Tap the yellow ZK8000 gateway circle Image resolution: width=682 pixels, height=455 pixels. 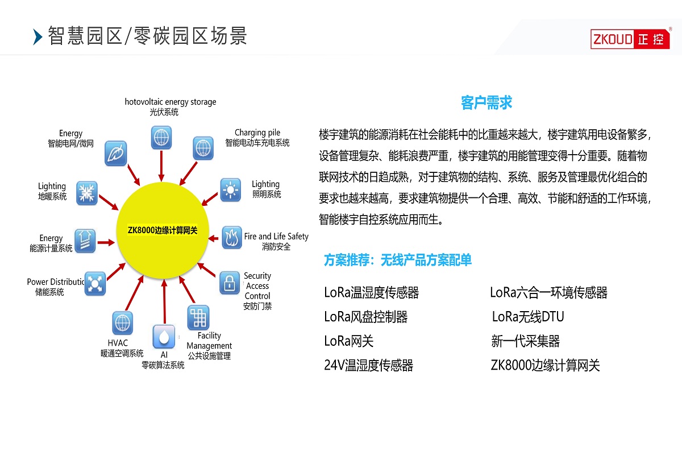[x=163, y=230]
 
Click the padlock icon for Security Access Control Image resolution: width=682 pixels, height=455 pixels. [x=230, y=283]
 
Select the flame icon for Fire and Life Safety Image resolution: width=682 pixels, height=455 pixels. [x=231, y=237]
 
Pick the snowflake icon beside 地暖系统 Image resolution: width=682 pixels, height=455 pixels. [x=87, y=193]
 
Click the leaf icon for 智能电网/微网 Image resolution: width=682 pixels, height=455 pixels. [x=116, y=154]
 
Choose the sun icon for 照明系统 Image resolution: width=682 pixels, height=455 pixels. [x=231, y=189]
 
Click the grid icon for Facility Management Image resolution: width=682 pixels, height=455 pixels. [x=198, y=317]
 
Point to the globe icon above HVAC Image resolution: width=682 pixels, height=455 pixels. [x=122, y=322]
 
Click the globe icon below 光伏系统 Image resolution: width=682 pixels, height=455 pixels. [x=161, y=137]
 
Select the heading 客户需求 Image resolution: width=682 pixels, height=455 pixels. [x=486, y=103]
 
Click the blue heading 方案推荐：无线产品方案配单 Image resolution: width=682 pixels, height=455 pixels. [x=398, y=260]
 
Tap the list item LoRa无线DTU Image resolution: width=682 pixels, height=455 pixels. [x=528, y=317]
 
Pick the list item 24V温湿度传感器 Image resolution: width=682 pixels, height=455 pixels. [x=368, y=365]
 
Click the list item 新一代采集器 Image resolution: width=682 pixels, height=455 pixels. [x=525, y=341]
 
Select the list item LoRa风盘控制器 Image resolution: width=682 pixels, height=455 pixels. [x=366, y=317]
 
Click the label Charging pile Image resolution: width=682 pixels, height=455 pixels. [x=257, y=133]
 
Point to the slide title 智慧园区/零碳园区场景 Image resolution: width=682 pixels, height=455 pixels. [x=148, y=36]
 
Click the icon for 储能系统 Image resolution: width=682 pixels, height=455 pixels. [x=95, y=283]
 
